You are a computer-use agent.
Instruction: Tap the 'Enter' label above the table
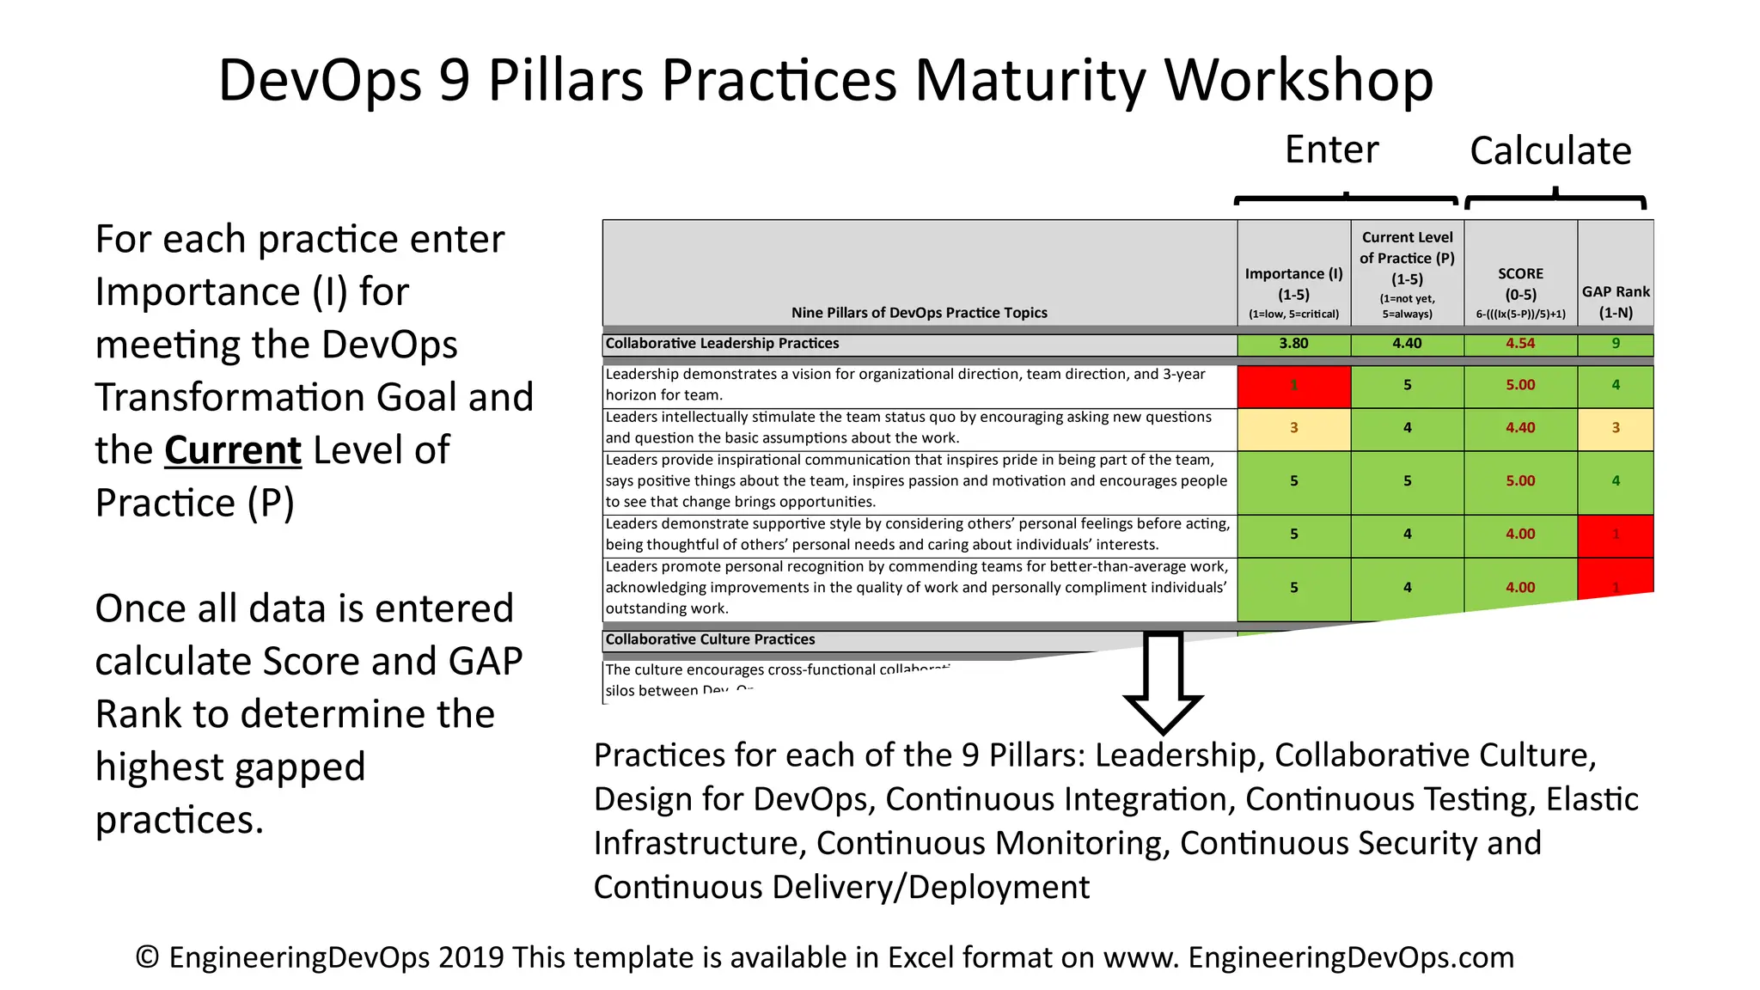1331,150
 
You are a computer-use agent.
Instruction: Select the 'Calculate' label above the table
1550,151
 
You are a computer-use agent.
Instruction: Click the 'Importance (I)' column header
1293,274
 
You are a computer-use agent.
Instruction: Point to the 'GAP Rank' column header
1616,292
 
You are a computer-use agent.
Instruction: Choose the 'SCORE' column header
1520,274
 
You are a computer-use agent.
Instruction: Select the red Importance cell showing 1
1293,386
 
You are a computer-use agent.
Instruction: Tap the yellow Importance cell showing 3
1293,428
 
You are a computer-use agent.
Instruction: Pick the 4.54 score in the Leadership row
1520,344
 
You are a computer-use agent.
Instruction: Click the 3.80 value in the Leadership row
1293,344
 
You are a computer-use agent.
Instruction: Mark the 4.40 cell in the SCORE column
1520,428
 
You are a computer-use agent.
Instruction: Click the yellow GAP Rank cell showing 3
1616,428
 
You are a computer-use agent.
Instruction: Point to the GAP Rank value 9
1616,344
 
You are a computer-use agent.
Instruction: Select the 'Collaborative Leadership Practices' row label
722,344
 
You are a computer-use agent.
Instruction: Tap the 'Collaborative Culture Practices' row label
710,639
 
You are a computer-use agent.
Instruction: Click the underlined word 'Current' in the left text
233,450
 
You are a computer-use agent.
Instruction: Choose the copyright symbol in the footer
147,957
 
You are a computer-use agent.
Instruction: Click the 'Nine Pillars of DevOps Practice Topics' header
919,313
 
